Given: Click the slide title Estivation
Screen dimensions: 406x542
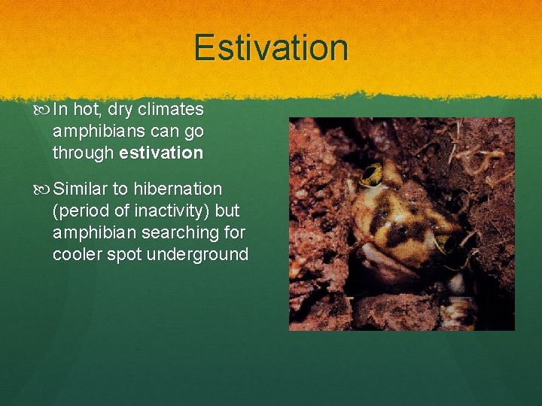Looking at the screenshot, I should coord(271,48).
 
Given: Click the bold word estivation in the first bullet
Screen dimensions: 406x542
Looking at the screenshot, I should coord(161,153).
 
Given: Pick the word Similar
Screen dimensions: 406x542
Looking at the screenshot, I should coord(81,189).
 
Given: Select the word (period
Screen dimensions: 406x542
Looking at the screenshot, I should coord(81,211).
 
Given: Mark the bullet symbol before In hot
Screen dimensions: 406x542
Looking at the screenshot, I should coord(42,110).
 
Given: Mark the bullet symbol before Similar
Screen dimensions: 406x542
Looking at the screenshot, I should coord(42,189).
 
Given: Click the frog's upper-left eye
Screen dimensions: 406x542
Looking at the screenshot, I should coord(371,174).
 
